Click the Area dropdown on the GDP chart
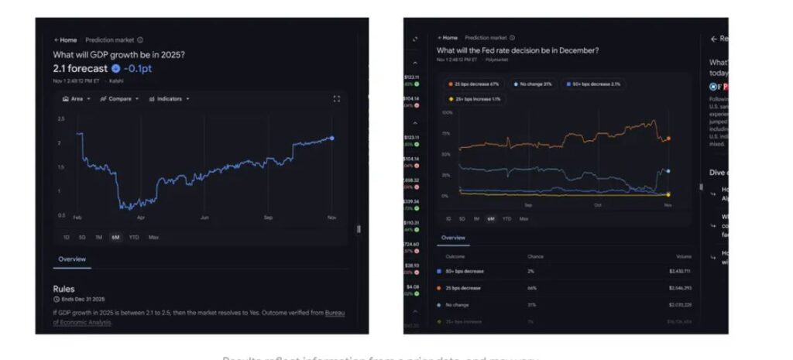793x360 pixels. coord(76,99)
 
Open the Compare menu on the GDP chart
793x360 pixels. coord(119,99)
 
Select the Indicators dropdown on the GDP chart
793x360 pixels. coord(168,99)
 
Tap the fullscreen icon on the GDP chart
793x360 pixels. coord(336,99)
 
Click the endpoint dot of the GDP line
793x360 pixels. coord(332,138)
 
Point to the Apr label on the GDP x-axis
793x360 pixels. coord(140,218)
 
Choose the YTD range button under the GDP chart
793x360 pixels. coord(134,237)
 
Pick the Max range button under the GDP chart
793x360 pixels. coord(153,237)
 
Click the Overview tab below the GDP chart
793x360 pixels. coord(72,259)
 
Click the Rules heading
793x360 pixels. coord(64,289)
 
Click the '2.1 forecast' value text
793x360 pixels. coord(80,68)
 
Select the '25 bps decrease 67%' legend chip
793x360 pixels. coord(473,84)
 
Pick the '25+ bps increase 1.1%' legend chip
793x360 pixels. coord(475,99)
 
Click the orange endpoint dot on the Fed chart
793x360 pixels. coord(668,139)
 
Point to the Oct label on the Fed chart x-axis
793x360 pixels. coord(598,205)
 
